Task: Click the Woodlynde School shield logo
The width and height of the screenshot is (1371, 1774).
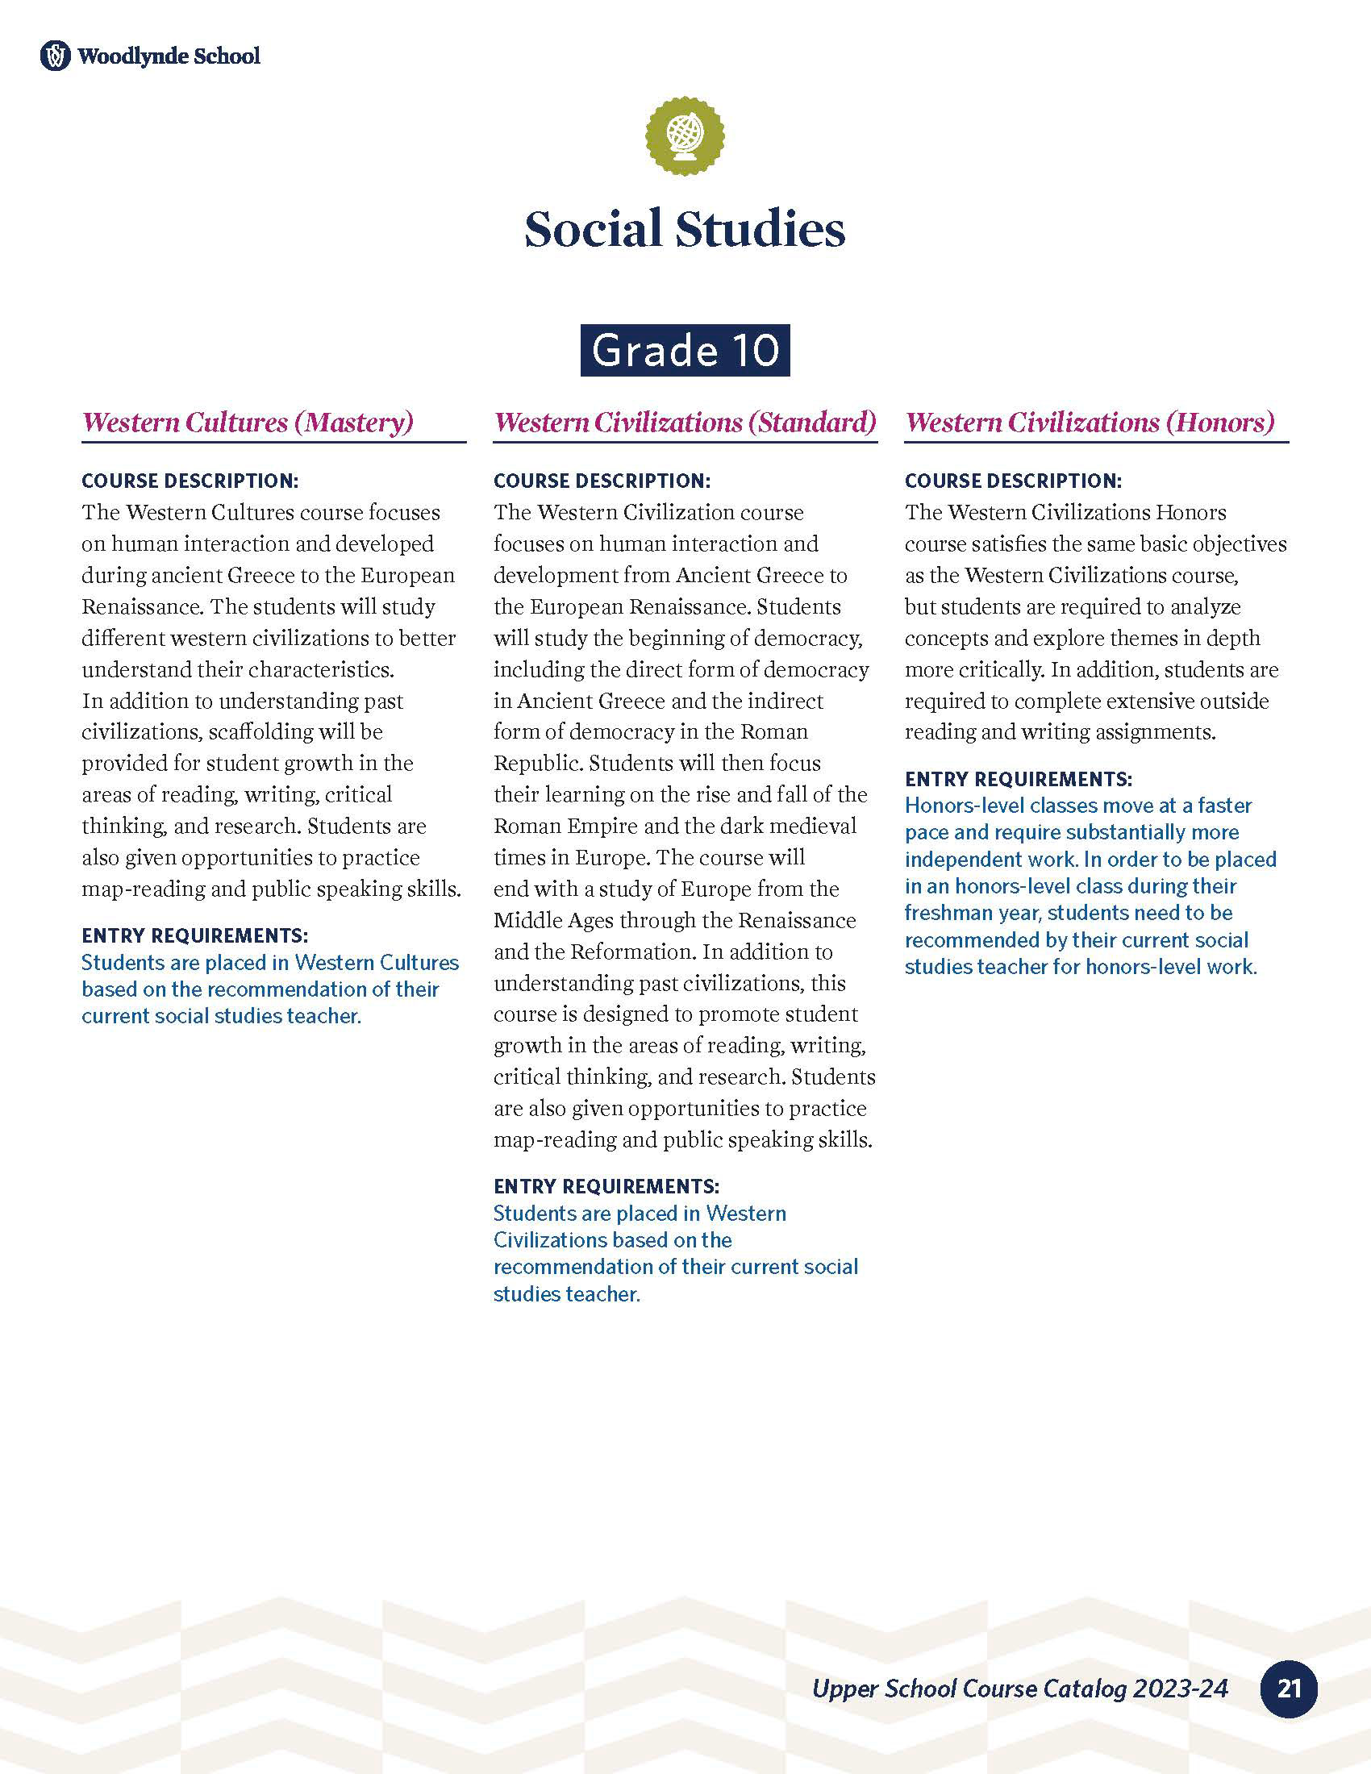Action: [55, 56]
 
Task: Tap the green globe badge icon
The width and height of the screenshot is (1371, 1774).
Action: [685, 135]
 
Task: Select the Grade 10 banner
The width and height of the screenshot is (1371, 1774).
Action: [685, 350]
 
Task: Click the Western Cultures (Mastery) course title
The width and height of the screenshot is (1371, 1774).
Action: [248, 423]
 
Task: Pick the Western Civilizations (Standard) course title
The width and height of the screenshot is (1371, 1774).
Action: [685, 423]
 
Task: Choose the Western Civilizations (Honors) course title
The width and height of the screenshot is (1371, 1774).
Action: [1090, 423]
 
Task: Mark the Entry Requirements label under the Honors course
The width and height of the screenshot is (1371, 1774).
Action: [1018, 779]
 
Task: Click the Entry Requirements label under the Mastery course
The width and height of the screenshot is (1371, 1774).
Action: [194, 935]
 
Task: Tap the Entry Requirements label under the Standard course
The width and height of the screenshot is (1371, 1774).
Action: [606, 1186]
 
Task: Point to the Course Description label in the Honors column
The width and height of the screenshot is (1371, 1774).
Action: [1013, 481]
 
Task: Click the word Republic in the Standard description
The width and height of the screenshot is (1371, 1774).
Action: [537, 764]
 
